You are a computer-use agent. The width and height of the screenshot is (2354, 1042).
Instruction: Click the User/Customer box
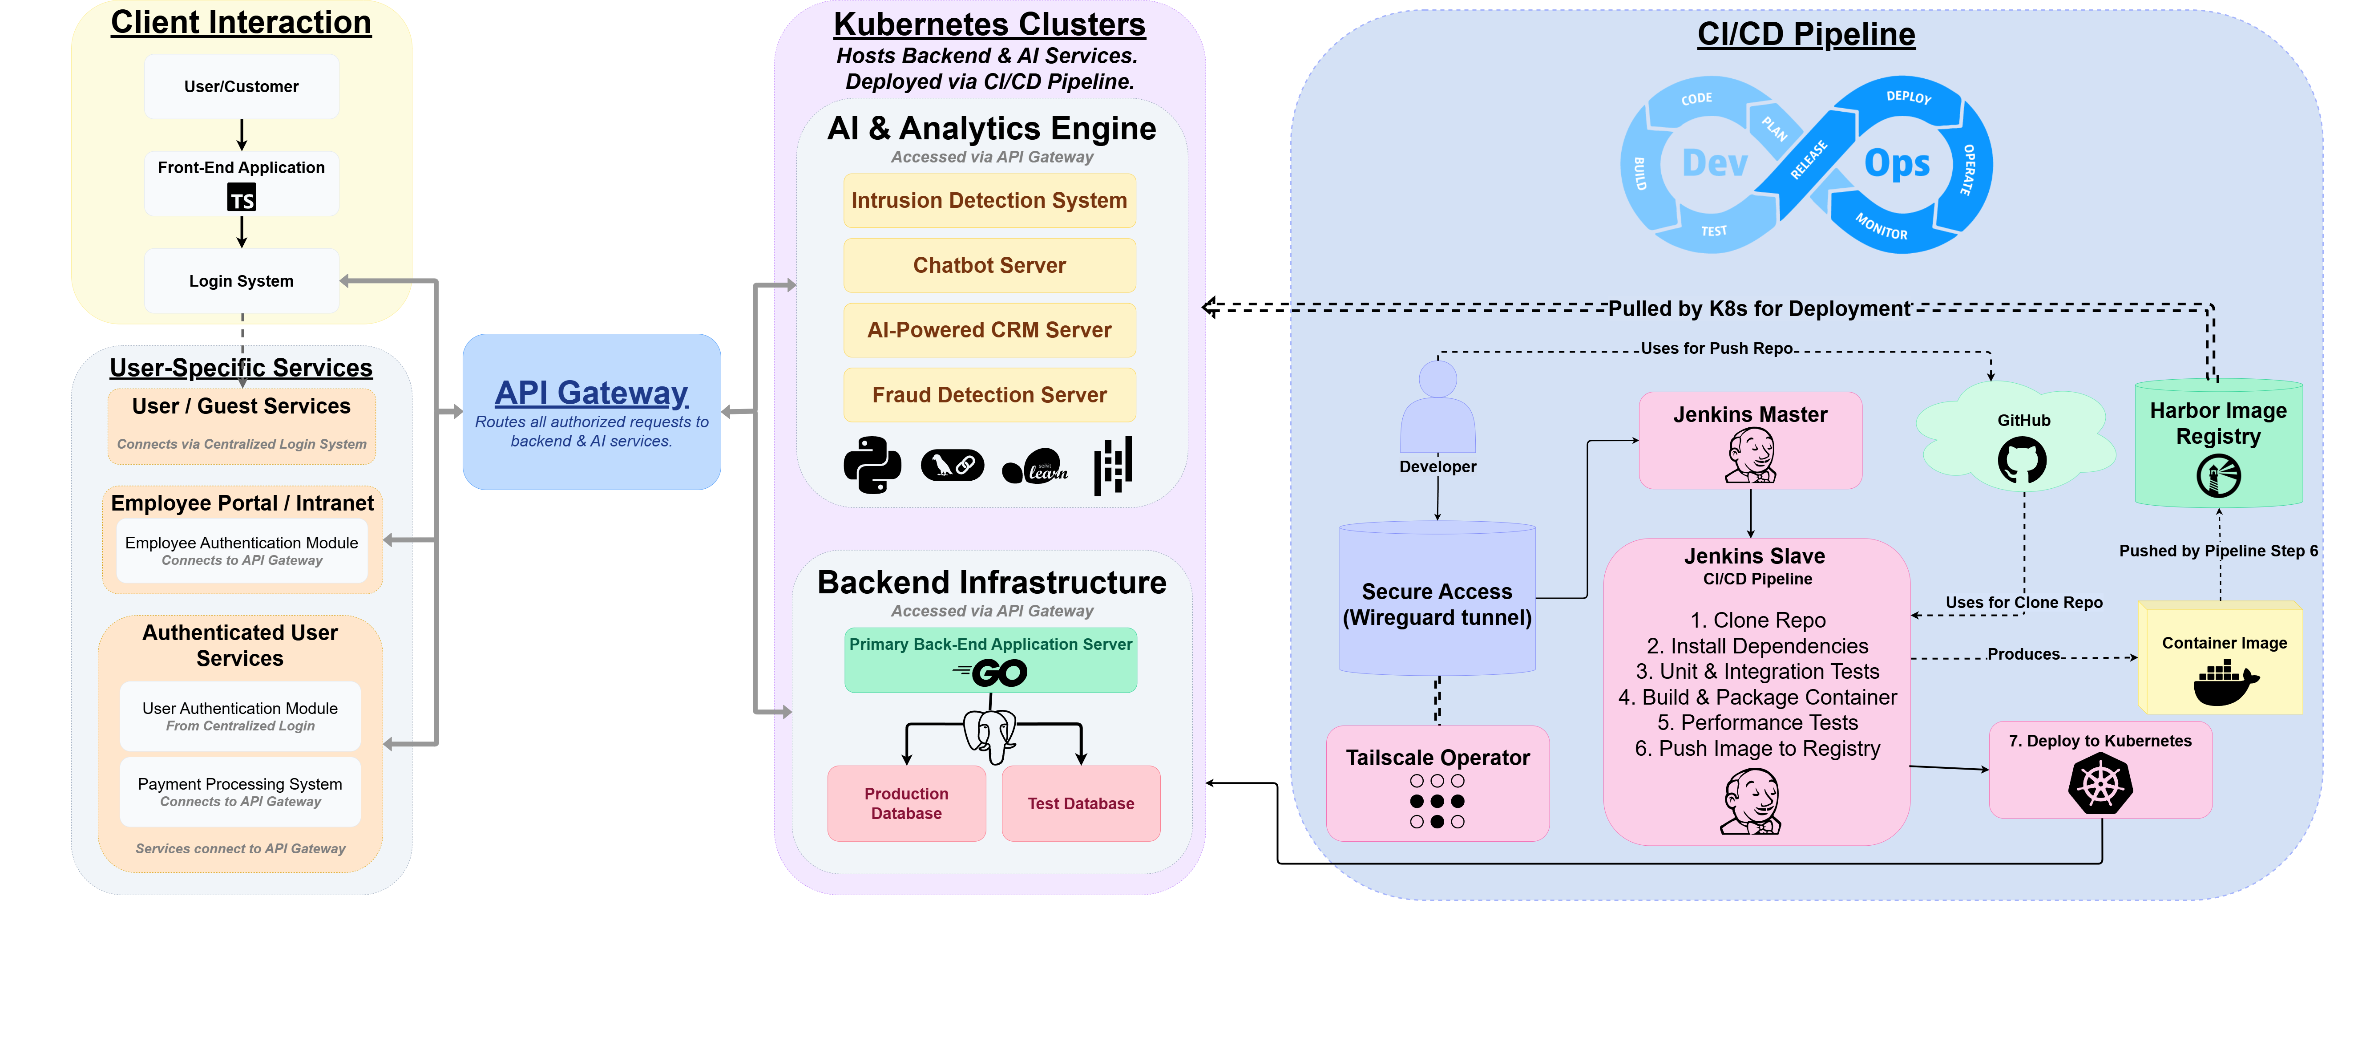(x=241, y=87)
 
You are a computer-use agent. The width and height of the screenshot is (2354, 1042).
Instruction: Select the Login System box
(x=241, y=280)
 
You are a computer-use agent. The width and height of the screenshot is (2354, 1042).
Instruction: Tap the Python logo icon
(x=872, y=465)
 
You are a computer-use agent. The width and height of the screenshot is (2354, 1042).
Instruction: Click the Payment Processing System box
(x=240, y=791)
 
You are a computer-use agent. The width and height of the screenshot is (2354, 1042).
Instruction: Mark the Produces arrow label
(x=2023, y=653)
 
